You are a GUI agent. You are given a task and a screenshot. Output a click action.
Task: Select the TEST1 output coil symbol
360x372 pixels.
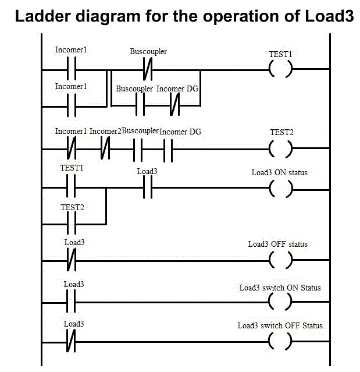(x=280, y=70)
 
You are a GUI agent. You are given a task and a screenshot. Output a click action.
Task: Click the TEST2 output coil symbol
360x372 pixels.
(x=280, y=149)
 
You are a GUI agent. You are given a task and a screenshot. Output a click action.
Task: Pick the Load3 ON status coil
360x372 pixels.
(x=280, y=188)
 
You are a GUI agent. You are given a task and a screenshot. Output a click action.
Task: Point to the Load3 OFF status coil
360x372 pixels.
(x=280, y=260)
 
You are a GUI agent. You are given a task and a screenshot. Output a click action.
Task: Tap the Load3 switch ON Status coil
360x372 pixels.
(x=280, y=302)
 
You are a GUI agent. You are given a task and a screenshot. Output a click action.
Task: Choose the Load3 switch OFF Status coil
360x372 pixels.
(x=280, y=341)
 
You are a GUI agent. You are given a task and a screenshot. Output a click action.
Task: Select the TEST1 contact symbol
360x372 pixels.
(x=72, y=188)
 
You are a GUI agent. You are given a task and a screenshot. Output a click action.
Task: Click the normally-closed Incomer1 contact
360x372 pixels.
(x=72, y=149)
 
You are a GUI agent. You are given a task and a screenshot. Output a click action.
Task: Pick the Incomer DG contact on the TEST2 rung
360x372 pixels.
(x=169, y=149)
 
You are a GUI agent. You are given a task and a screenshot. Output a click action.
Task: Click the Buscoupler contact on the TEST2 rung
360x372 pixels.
(x=138, y=149)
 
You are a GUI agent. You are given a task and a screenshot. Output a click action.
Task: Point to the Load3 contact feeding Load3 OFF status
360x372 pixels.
(x=72, y=260)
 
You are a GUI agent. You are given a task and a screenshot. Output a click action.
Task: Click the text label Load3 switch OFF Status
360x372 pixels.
(x=280, y=325)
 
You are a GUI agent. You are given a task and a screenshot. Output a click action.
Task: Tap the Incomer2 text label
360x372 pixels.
(x=105, y=132)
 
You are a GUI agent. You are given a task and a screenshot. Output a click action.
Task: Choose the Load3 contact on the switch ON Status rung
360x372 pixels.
(x=72, y=302)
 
